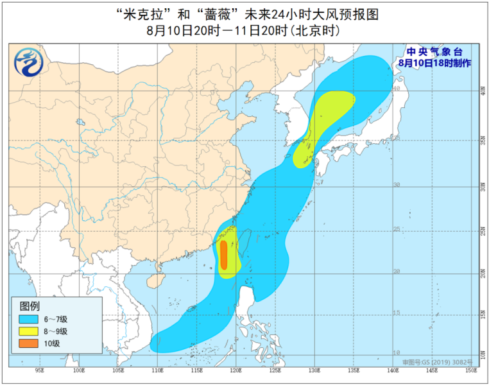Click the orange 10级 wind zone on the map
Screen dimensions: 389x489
coord(223,255)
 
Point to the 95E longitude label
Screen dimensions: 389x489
coord(40,370)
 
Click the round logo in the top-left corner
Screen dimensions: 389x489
coord(28,61)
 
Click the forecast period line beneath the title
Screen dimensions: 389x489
coord(244,30)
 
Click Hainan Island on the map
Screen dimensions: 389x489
coord(154,280)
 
